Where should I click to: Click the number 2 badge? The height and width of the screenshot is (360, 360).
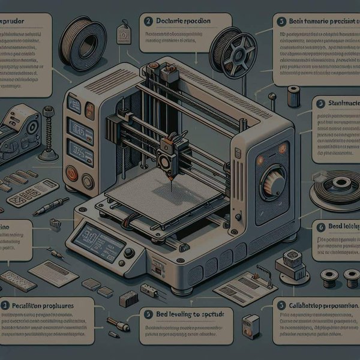pos(148,21)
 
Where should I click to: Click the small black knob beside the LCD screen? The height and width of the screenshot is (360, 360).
pos(129,253)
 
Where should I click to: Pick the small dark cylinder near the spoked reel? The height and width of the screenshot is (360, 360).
pos(293,96)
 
